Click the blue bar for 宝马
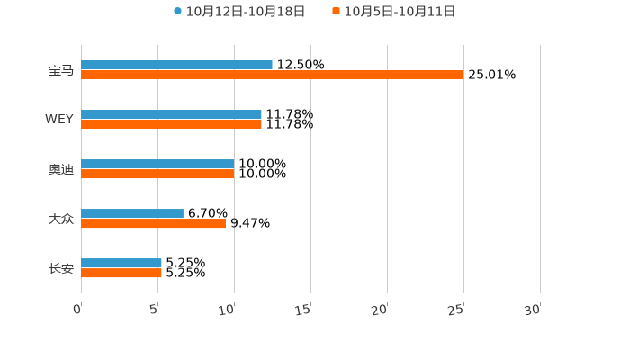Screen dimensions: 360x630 [x=176, y=65]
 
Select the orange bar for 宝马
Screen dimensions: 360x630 [x=273, y=76]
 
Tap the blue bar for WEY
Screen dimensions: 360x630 [x=171, y=115]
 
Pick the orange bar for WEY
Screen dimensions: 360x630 [x=171, y=125]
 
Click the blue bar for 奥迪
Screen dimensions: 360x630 [x=157, y=165]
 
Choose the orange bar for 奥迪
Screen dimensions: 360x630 [x=157, y=175]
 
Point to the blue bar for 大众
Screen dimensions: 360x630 [x=132, y=214]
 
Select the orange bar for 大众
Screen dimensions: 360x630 [x=153, y=224]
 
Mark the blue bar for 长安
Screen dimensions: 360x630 [x=121, y=264]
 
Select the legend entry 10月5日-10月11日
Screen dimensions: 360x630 [x=400, y=12]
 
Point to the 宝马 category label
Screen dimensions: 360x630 [x=61, y=70]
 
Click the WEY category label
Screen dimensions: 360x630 [x=59, y=120]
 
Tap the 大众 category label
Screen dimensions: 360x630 [x=61, y=219]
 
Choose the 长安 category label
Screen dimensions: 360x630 [x=61, y=268]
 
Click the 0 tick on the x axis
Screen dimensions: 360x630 [x=78, y=310]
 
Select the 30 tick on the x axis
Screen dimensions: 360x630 [x=533, y=310]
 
